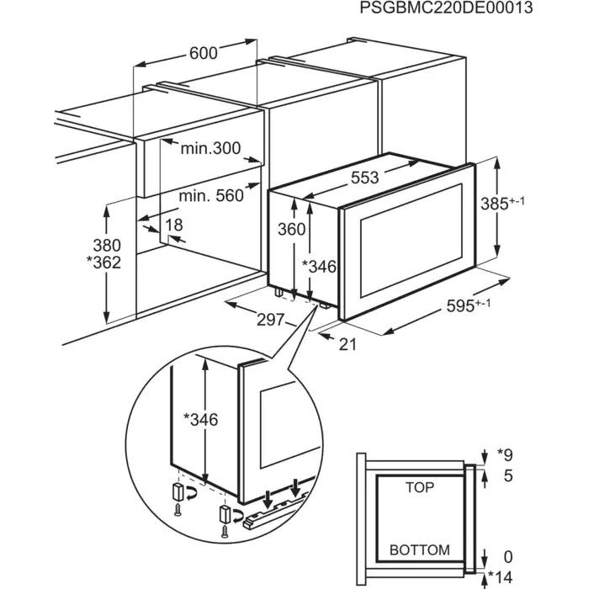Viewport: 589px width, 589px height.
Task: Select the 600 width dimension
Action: (x=203, y=53)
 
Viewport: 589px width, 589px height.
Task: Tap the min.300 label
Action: (x=210, y=149)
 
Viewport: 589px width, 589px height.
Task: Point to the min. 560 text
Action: (x=211, y=196)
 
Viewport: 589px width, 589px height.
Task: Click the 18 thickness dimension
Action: (x=173, y=225)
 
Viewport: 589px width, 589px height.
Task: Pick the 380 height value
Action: (x=107, y=245)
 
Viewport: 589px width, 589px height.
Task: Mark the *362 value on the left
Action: (x=103, y=262)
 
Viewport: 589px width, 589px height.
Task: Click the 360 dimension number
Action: (x=292, y=228)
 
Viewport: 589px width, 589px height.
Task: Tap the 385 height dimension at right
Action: (x=510, y=203)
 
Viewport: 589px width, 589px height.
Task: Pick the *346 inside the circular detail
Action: (x=200, y=420)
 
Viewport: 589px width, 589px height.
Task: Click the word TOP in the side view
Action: (x=419, y=487)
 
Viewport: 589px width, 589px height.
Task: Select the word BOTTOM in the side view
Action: (x=419, y=550)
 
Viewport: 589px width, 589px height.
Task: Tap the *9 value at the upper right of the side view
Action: (x=505, y=455)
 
